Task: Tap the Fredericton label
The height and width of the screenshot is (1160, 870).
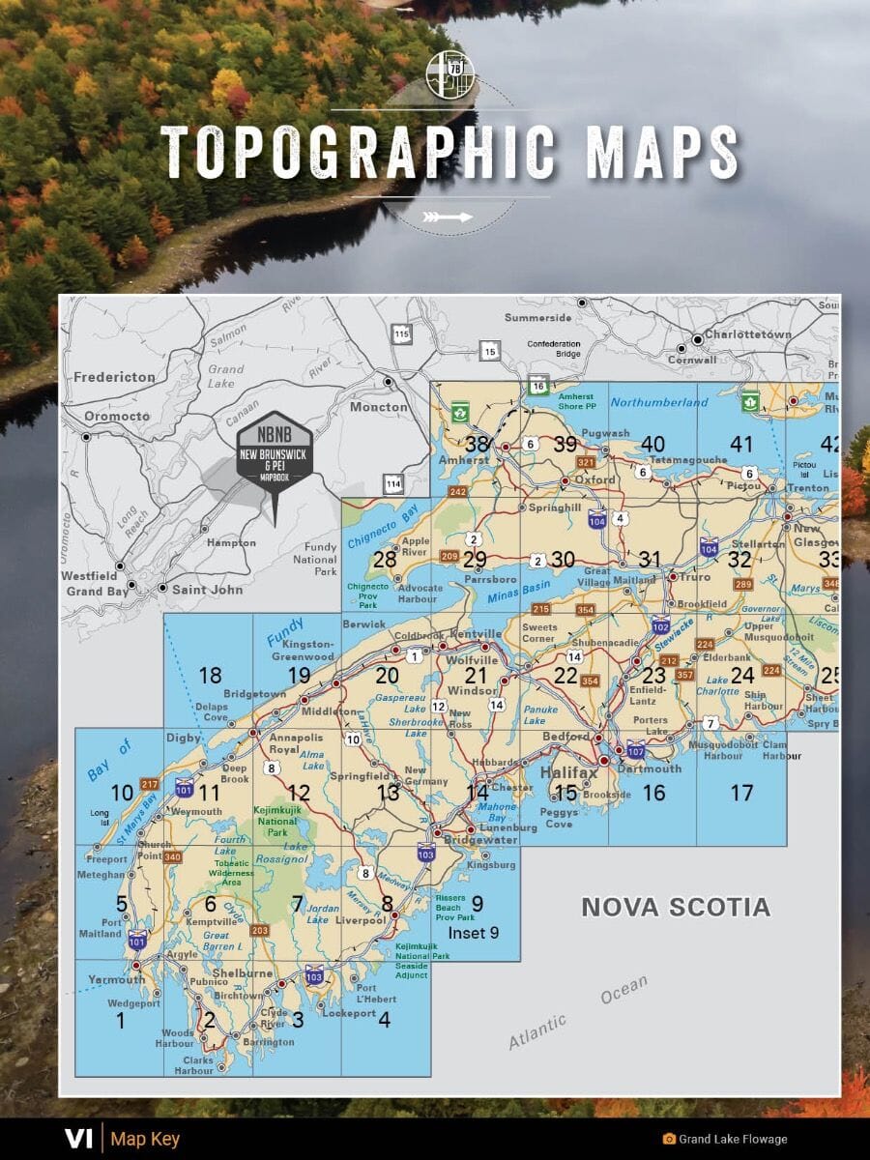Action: [114, 376]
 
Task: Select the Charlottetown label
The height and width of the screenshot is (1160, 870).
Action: [747, 334]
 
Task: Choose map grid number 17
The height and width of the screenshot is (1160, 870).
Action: [741, 793]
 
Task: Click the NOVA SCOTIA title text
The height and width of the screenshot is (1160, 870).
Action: [675, 907]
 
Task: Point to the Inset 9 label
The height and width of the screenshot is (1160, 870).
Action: [474, 933]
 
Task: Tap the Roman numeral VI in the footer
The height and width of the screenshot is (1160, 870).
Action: [77, 1139]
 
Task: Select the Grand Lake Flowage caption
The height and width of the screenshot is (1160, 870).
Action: [733, 1140]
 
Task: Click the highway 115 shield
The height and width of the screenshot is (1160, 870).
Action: [401, 334]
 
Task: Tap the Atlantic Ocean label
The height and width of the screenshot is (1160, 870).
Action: [578, 1013]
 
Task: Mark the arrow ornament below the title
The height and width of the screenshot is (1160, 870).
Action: [450, 217]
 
